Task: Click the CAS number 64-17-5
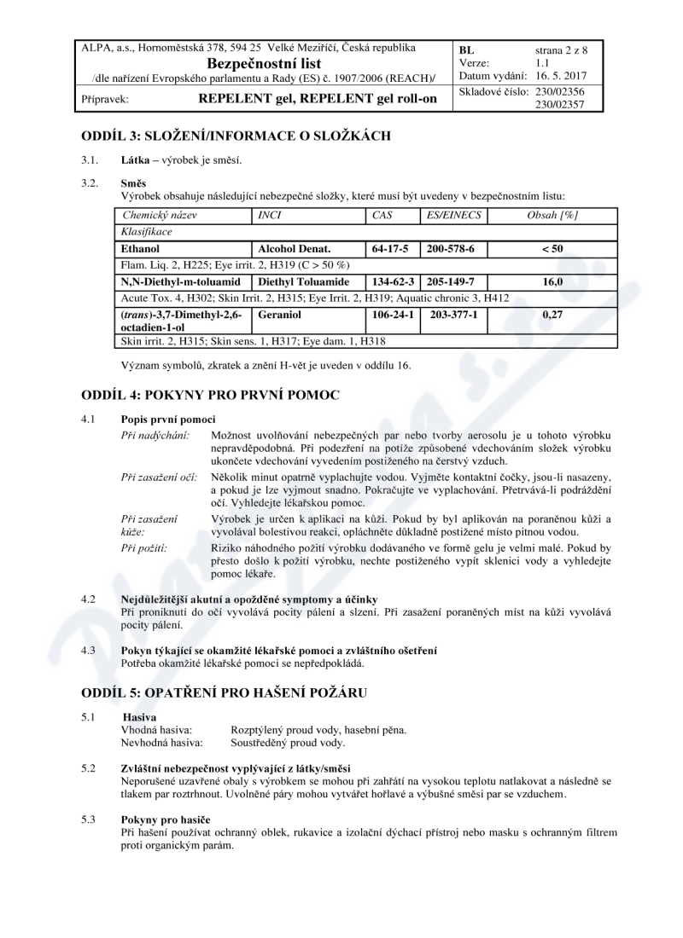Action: click(391, 248)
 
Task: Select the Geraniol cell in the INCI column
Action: click(278, 314)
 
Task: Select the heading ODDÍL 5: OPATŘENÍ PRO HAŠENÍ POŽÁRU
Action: click(224, 692)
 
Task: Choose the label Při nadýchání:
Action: click(155, 435)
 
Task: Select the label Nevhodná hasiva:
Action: click(163, 743)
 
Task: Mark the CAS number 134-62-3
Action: click(394, 281)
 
